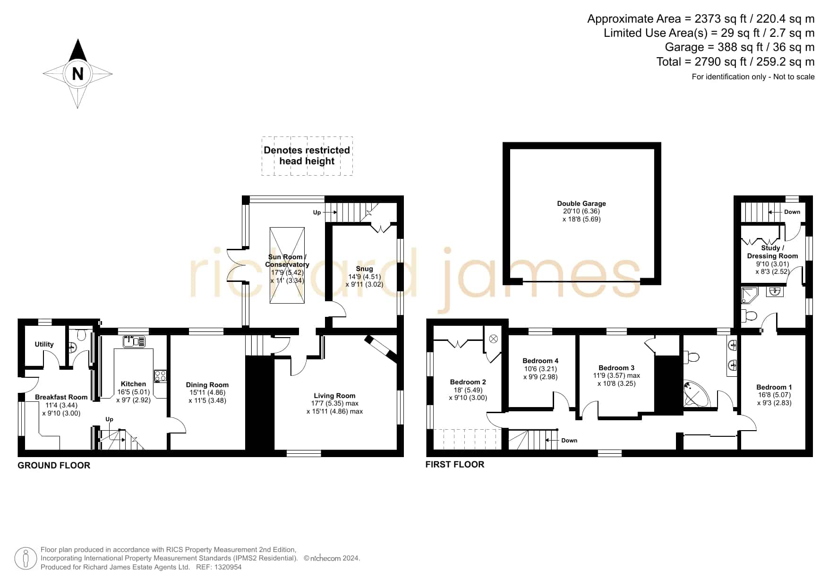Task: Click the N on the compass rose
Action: click(x=77, y=74)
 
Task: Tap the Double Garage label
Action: click(x=581, y=204)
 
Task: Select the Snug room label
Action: click(x=364, y=269)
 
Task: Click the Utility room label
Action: click(x=44, y=344)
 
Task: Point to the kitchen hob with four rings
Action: click(x=160, y=376)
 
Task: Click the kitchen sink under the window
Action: click(x=134, y=341)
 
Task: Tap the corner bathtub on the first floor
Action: click(x=696, y=394)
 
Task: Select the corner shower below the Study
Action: click(x=749, y=295)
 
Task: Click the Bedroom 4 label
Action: click(x=540, y=361)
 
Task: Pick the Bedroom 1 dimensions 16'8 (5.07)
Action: click(x=774, y=395)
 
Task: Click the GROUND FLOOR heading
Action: click(x=54, y=466)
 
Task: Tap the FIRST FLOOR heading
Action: click(x=455, y=465)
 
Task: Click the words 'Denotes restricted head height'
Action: click(x=307, y=156)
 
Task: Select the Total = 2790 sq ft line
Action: click(x=735, y=62)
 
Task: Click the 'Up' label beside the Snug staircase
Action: click(x=317, y=212)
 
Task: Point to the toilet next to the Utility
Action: click(x=81, y=335)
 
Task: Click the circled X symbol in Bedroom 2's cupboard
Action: click(x=494, y=339)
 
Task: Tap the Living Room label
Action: click(x=334, y=396)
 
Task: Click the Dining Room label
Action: click(x=207, y=385)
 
